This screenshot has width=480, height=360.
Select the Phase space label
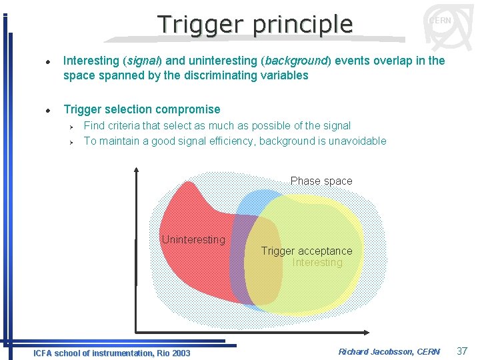click(x=321, y=181)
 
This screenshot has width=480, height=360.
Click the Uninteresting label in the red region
click(x=193, y=239)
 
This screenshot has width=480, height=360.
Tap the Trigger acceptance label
click(x=307, y=251)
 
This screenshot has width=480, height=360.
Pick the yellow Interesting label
click(x=317, y=262)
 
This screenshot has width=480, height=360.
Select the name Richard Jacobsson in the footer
click(x=375, y=351)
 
